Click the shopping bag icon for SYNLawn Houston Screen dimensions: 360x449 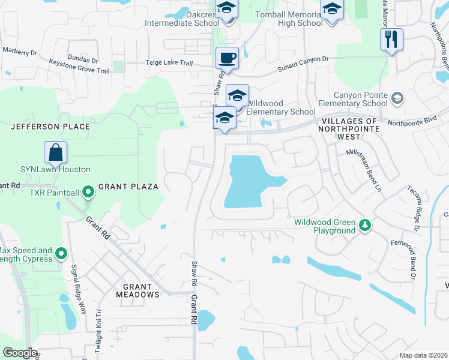pos(55,153)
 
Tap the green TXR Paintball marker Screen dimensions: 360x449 pos(88,193)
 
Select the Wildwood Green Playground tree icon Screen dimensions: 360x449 pos(364,226)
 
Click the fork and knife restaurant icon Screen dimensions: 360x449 pos(391,40)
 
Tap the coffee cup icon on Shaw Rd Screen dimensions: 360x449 pos(227,59)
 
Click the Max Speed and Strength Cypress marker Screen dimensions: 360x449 pos(61,254)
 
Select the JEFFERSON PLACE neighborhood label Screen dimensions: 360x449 pos(50,127)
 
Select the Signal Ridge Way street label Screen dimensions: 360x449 pos(78,289)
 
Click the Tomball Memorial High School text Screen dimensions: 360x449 pos(292,19)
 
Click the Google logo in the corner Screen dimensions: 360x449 pos(20,353)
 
